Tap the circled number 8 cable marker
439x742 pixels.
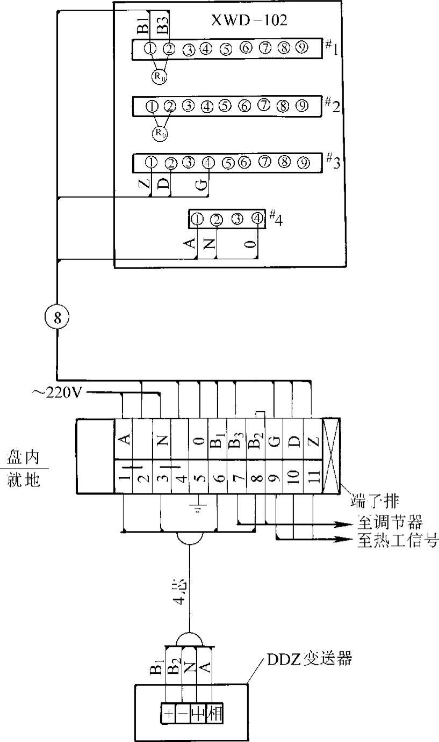(57, 317)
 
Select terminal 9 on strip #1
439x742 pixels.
(302, 48)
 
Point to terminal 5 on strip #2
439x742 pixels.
(225, 106)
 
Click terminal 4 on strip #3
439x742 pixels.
(208, 161)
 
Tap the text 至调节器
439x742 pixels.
(390, 521)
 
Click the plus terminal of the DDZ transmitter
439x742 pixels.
(168, 715)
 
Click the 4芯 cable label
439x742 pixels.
(183, 591)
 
